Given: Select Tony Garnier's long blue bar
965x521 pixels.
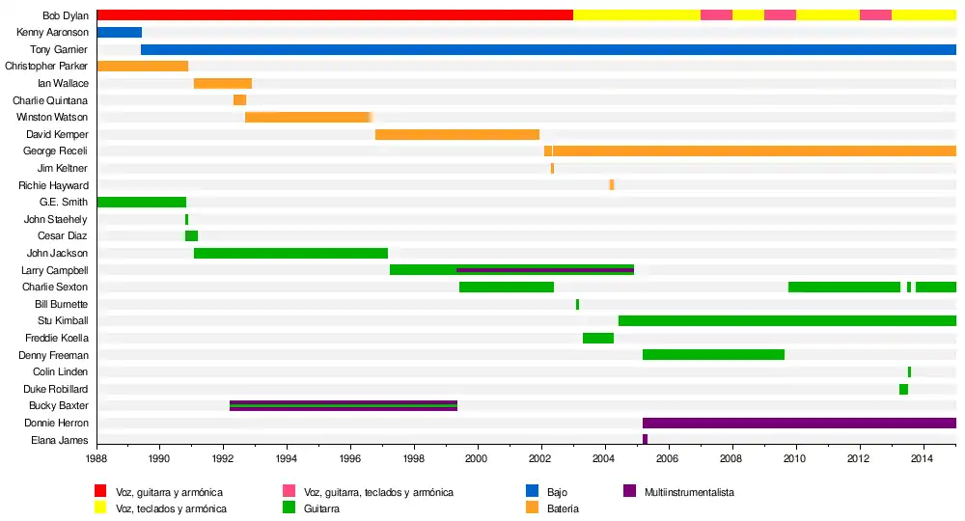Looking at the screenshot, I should pyautogui.click(x=548, y=49).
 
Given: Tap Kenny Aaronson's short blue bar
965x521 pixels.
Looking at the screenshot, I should pyautogui.click(x=119, y=33).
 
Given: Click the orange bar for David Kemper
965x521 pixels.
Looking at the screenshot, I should pyautogui.click(x=456, y=134).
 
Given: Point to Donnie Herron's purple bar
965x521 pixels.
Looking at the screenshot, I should pyautogui.click(x=799, y=423).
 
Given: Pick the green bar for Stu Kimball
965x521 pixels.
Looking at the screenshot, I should pyautogui.click(x=786, y=320).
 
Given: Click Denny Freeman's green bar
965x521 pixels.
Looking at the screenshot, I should pyautogui.click(x=713, y=355).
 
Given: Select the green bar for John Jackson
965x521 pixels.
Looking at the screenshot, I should pyautogui.click(x=290, y=253).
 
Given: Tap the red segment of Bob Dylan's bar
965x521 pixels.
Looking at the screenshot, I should pyautogui.click(x=335, y=15).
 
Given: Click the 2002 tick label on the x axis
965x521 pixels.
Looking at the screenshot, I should pyautogui.click(x=540, y=460).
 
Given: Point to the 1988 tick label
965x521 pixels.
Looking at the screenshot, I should pyautogui.click(x=96, y=460).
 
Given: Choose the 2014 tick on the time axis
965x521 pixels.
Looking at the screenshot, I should pyautogui.click(x=923, y=460).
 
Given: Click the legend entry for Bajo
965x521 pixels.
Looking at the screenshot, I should pyautogui.click(x=557, y=492).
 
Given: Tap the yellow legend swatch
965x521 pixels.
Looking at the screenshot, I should pyautogui.click(x=100, y=507).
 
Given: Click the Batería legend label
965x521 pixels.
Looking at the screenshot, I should pyautogui.click(x=563, y=507).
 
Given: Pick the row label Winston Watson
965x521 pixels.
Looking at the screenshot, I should pyautogui.click(x=52, y=117).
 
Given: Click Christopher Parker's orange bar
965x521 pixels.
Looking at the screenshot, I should pyautogui.click(x=142, y=67).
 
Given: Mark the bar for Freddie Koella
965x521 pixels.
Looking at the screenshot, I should pyautogui.click(x=597, y=338).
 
